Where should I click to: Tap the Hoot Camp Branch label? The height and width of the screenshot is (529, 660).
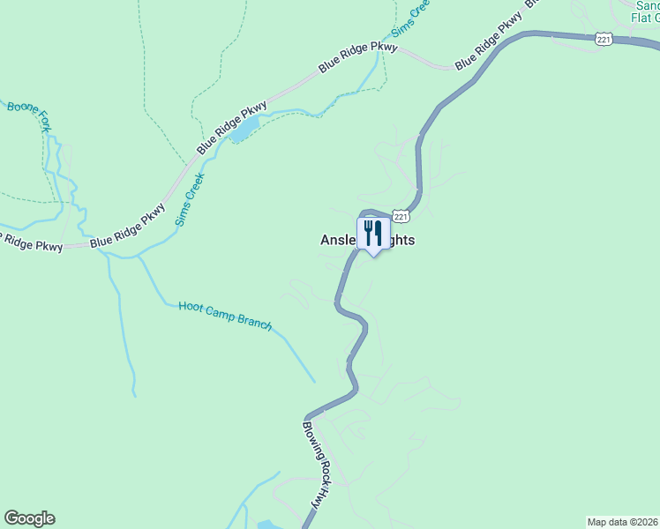(x=225, y=314)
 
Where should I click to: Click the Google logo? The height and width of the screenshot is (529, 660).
(x=29, y=518)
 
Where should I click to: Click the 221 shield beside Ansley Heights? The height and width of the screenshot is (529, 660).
(x=401, y=217)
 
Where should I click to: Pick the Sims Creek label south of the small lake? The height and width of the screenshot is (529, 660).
(x=190, y=199)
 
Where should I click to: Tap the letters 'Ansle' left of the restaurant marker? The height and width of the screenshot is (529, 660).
(x=337, y=240)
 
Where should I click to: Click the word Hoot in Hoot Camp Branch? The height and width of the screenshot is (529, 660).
(x=191, y=307)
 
